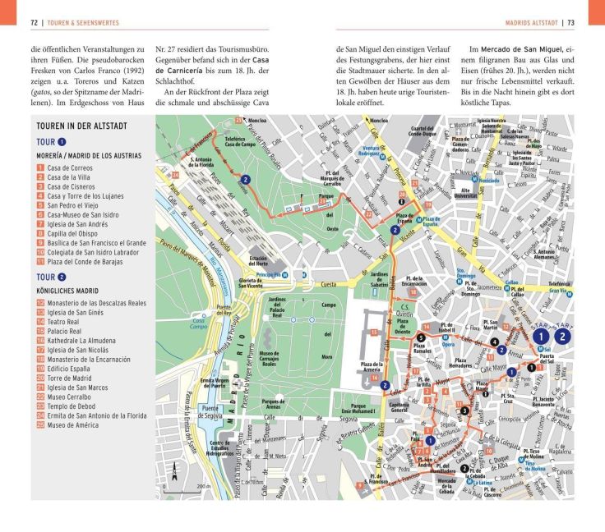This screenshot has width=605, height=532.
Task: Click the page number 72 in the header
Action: pos(35,21)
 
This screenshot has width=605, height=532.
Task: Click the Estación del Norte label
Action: pos(261,262)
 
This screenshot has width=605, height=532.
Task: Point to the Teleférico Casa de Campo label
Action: pos(236,143)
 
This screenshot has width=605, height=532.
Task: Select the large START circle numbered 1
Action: pos(539,335)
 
